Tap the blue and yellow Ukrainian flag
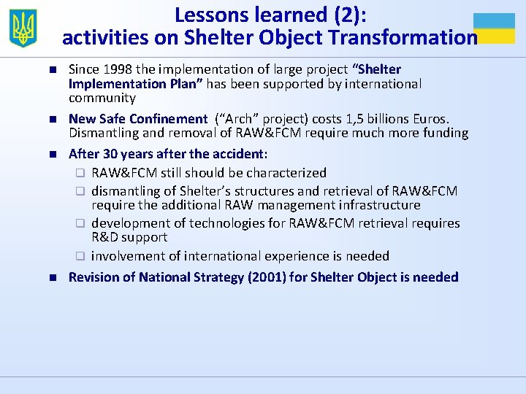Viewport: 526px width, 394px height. click(x=494, y=28)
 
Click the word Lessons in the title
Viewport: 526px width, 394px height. click(x=213, y=14)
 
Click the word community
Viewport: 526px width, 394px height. click(x=102, y=98)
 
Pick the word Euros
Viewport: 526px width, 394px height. click(x=432, y=119)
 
